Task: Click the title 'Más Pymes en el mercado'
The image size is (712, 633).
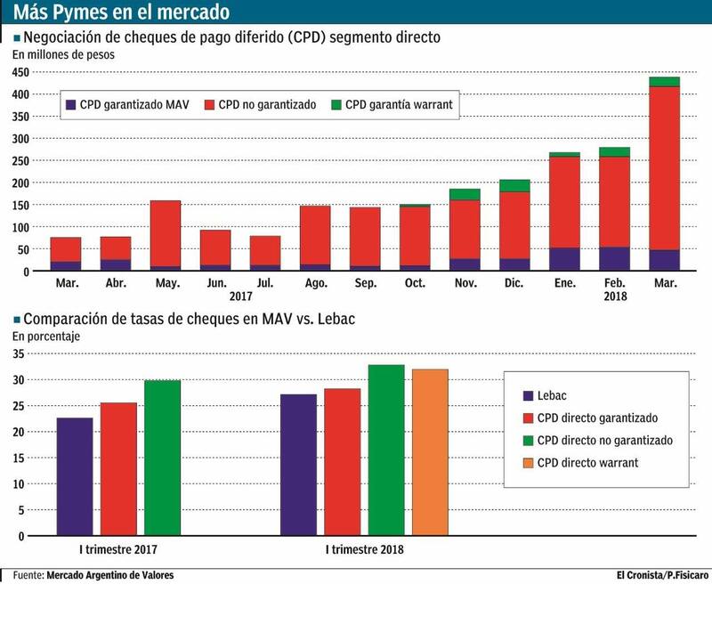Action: click(x=121, y=12)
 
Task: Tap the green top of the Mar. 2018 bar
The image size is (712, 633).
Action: click(x=664, y=82)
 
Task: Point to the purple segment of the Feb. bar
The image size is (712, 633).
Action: click(x=614, y=259)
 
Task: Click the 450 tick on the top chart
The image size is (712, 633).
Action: click(x=22, y=72)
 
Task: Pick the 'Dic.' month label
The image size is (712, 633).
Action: click(x=514, y=283)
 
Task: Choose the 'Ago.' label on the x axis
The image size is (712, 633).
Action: click(x=315, y=283)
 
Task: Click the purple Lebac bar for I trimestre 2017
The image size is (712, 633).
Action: click(x=74, y=477)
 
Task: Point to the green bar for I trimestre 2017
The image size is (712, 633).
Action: click(x=163, y=459)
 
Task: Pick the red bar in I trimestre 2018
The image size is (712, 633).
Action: click(x=342, y=462)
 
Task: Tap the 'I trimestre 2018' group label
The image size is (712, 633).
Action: click(x=364, y=549)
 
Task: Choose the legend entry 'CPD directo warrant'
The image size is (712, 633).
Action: click(x=587, y=463)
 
